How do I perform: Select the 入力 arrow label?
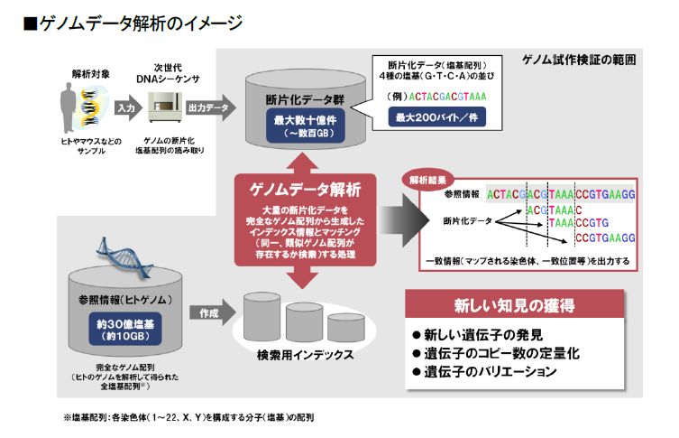[125, 106]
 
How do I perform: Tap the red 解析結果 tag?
[427, 178]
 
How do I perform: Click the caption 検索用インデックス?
[307, 356]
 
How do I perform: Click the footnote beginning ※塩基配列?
[189, 418]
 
